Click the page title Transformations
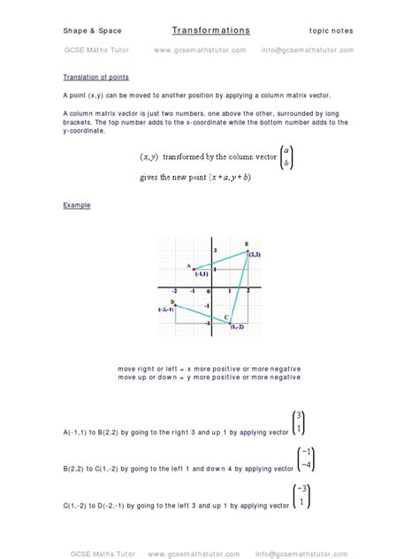coord(210,31)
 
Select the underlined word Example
coord(76,205)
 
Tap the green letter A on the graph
coord(188,265)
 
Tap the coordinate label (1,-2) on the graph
coord(237,327)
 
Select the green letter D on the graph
coord(172,302)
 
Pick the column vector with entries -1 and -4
coord(303,458)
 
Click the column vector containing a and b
coord(284,157)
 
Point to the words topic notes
coord(331,31)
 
